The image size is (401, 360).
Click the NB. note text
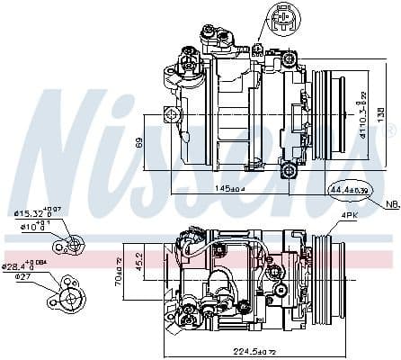pos(390,205)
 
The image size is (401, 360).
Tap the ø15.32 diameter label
pos(25,212)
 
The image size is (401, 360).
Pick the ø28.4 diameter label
pos(25,266)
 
